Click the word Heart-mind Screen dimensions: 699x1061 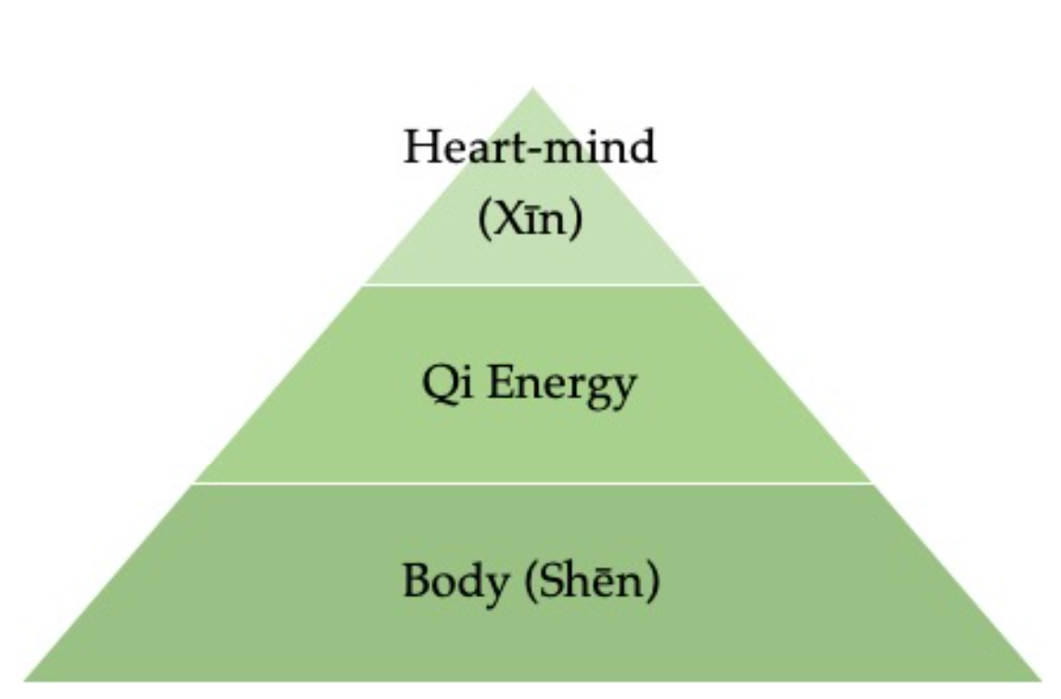click(x=530, y=147)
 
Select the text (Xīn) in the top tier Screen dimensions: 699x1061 click(x=530, y=220)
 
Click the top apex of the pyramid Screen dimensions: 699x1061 click(x=532, y=90)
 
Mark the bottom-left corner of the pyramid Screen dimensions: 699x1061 click(x=24, y=680)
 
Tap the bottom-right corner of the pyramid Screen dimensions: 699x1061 click(x=1041, y=680)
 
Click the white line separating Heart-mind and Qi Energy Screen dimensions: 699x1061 click(x=532, y=285)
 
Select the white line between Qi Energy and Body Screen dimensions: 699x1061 click(x=532, y=483)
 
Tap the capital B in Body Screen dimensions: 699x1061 click(x=415, y=581)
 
